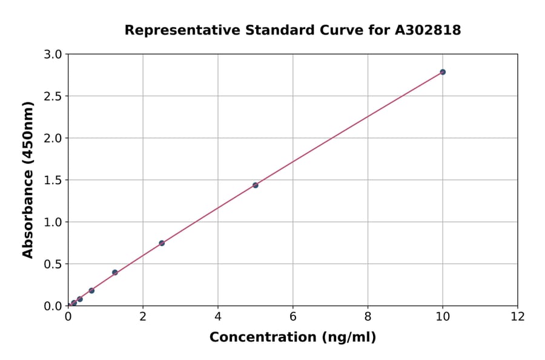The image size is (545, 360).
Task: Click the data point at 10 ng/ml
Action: (x=443, y=72)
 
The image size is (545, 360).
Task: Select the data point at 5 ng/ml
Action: (x=256, y=185)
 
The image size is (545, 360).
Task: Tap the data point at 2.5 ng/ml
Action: (x=162, y=243)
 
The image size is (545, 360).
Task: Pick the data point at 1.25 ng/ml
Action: (x=115, y=273)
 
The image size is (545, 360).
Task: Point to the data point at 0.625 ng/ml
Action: (x=91, y=290)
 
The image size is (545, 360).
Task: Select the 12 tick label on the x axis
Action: (x=518, y=316)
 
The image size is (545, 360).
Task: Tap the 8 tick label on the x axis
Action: (x=368, y=316)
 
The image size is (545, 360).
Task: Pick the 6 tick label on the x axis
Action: (x=292, y=316)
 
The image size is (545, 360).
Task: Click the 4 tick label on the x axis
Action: (x=218, y=316)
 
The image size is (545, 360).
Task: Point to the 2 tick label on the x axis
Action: (x=143, y=316)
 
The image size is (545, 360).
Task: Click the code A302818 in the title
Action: (x=428, y=30)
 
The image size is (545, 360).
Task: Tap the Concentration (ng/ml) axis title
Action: (x=292, y=337)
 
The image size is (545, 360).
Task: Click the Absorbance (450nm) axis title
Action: (x=28, y=179)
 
